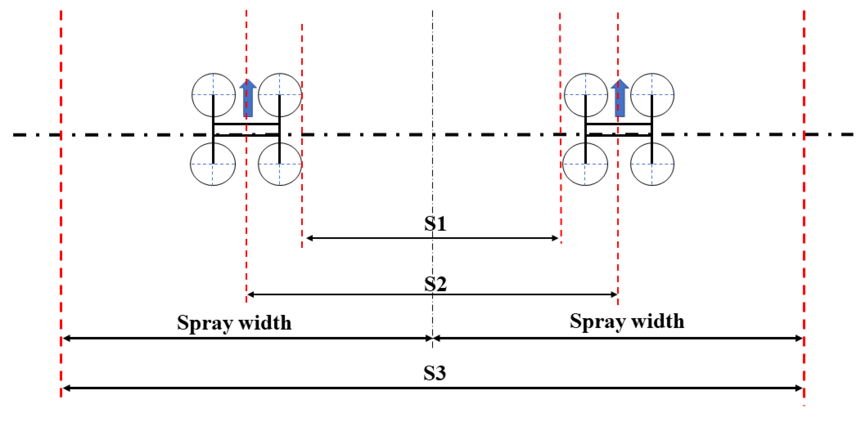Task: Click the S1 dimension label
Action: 435,224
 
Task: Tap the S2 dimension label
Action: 435,284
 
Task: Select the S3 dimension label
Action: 434,373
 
